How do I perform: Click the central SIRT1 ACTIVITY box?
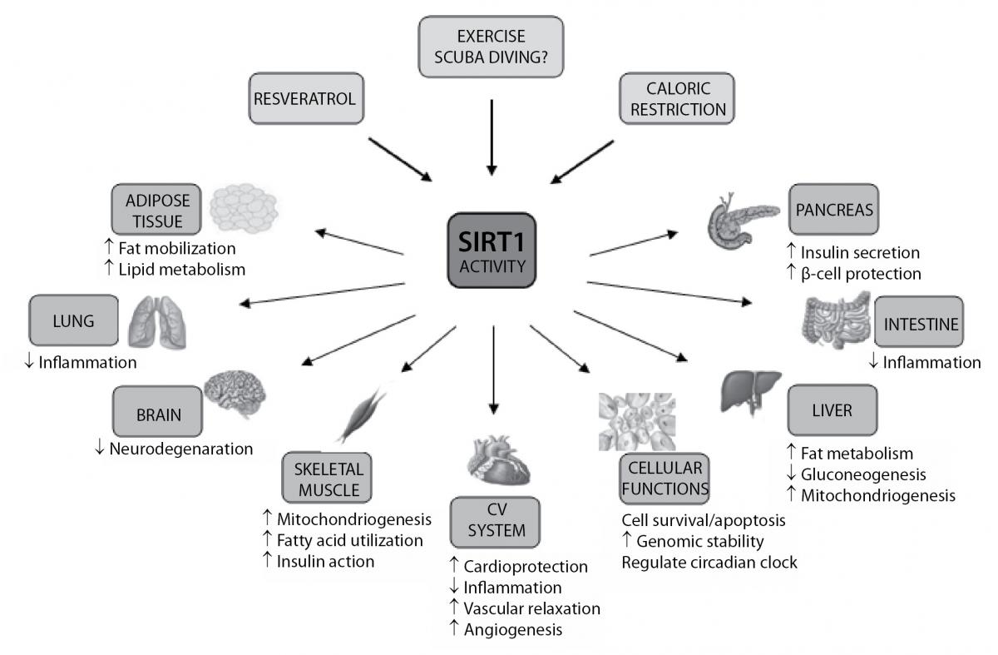point(492,251)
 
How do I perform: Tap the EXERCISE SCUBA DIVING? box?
point(491,47)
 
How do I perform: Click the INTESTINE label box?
point(919,323)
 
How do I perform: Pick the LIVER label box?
point(832,410)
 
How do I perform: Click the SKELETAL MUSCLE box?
point(326,476)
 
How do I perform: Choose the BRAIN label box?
point(158,413)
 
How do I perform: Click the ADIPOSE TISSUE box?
point(156,209)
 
